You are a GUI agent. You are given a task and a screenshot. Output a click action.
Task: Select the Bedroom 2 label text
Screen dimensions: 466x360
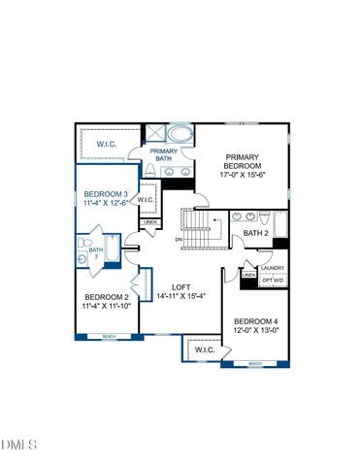106,297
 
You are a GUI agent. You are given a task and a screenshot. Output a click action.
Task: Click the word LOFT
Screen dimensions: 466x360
180,286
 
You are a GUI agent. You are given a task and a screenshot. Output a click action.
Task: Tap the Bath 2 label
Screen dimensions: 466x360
255,233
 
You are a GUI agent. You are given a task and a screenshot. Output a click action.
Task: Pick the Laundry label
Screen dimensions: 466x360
272,268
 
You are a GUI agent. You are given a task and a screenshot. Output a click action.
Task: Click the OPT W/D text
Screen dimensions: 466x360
274,281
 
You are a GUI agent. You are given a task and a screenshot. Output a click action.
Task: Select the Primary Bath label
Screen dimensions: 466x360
162,154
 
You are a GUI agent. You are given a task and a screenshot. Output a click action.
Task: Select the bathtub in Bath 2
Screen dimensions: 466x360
278,225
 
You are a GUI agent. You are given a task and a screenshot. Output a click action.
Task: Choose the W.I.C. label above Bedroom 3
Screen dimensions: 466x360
108,144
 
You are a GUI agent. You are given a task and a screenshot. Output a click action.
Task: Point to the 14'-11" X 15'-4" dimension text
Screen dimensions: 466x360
180,297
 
